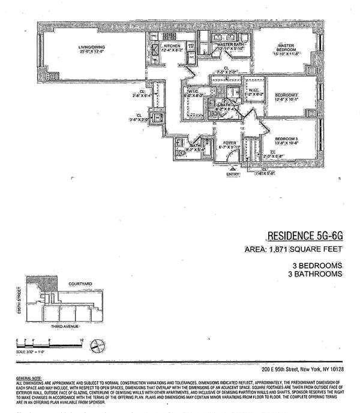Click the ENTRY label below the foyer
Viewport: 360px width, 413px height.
click(232, 175)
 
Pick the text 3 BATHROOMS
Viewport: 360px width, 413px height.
click(315, 273)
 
